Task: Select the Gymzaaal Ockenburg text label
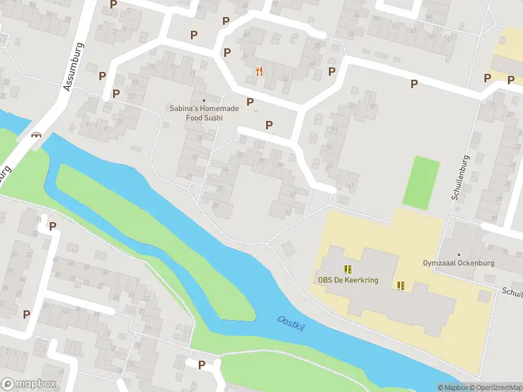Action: click(458, 263)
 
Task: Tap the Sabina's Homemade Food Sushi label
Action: click(203, 114)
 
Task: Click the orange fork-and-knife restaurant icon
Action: click(260, 72)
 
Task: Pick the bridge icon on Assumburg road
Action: click(36, 135)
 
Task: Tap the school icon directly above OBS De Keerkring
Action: click(348, 269)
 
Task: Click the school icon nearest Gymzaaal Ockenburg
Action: click(401, 285)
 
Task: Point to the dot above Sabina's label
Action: click(203, 101)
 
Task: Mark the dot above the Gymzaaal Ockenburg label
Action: click(458, 254)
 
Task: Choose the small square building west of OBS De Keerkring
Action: click(288, 248)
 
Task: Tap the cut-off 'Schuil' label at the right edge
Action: click(512, 293)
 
